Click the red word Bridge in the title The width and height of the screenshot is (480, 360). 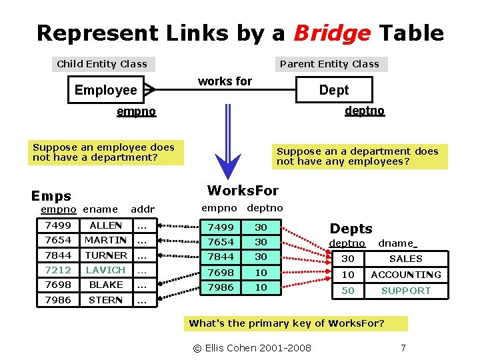tap(332, 33)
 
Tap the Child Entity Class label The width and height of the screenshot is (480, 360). tap(102, 64)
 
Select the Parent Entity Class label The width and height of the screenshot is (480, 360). tap(329, 64)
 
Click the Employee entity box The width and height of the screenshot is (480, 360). tap(107, 90)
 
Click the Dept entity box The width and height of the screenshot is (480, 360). tap(333, 90)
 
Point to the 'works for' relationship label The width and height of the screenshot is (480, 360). tap(225, 81)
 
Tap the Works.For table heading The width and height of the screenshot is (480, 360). tap(243, 191)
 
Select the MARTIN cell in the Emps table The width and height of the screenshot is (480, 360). tap(105, 240)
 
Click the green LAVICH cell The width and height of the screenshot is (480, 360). tap(105, 270)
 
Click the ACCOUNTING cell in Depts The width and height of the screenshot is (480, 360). tap(406, 275)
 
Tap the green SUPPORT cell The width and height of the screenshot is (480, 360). tap(406, 291)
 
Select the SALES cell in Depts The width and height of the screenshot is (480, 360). tap(406, 259)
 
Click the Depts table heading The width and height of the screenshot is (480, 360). tap(351, 229)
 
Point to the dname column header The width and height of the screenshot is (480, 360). tap(397, 244)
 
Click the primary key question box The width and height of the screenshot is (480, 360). tap(287, 323)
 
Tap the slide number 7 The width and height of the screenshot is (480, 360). tap(403, 348)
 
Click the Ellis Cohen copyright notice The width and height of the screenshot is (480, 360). tap(251, 348)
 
